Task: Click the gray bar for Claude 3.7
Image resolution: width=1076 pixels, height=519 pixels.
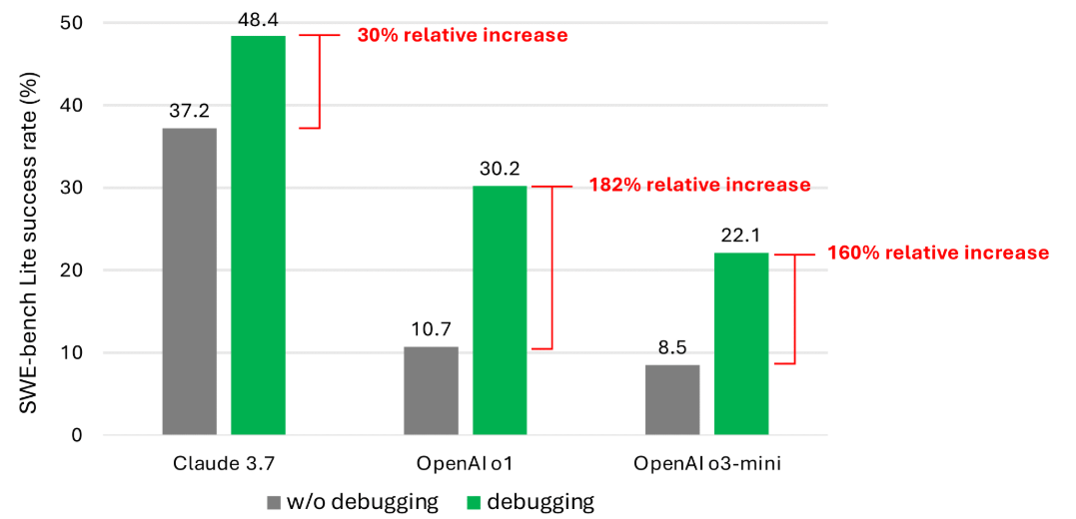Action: (189, 281)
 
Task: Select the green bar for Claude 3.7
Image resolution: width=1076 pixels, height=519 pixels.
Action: (258, 236)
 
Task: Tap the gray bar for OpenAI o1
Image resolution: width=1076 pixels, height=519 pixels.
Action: (431, 390)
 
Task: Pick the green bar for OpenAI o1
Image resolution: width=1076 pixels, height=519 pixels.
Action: (500, 310)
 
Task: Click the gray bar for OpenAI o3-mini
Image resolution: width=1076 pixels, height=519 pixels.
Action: (672, 399)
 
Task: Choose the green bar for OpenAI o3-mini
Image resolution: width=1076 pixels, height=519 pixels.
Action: (741, 343)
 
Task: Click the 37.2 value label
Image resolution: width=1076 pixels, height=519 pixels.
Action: (189, 111)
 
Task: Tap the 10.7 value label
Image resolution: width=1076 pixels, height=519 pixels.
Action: (431, 329)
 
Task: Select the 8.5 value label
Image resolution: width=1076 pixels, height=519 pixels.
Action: (672, 347)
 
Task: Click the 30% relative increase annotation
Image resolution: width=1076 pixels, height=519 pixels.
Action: (462, 35)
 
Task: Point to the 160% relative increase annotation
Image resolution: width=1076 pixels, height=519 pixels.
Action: (937, 253)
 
